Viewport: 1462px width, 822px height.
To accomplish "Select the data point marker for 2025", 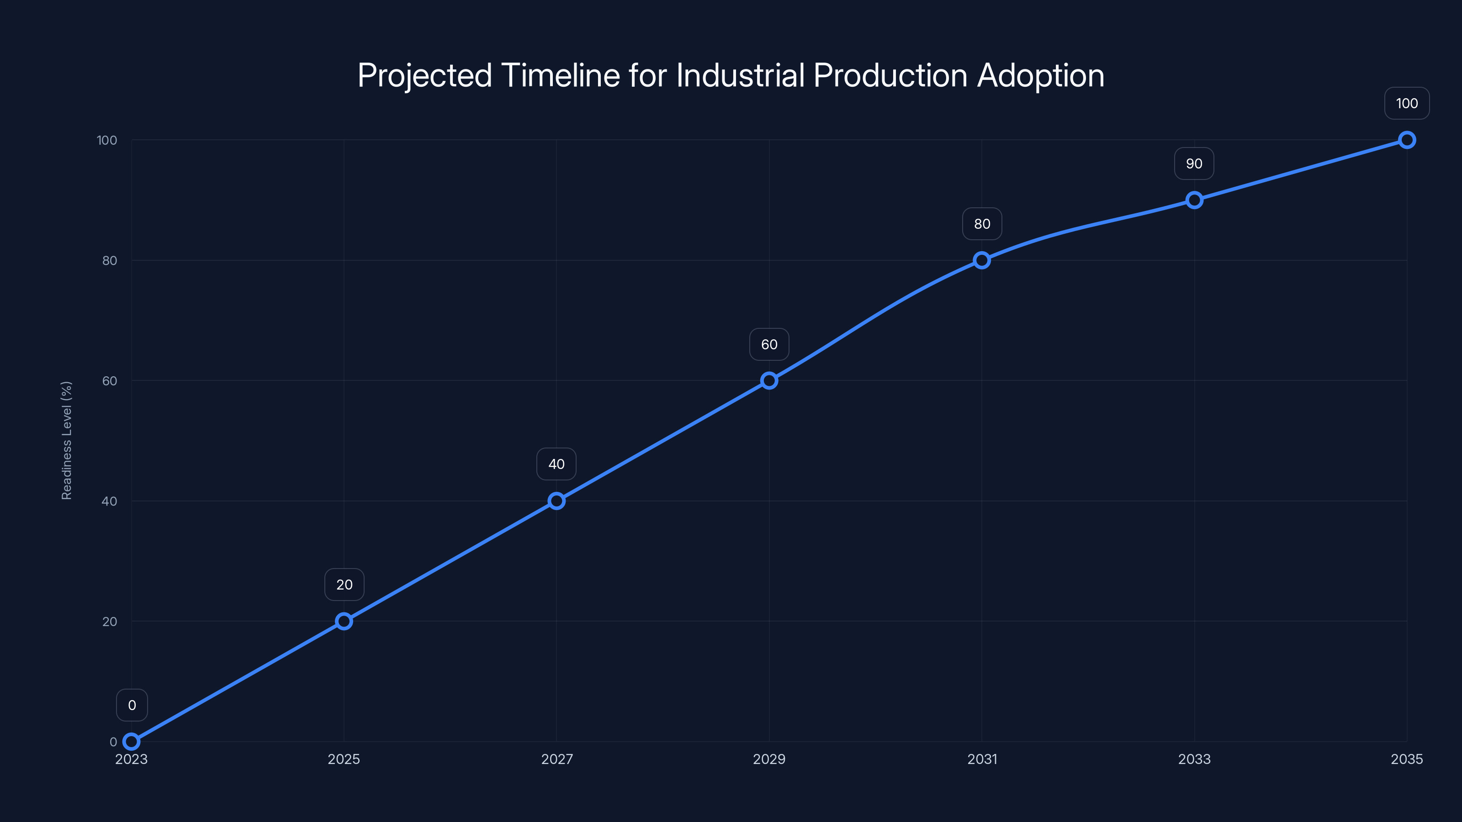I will click(x=344, y=621).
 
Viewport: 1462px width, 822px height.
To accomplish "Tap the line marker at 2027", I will click(x=556, y=501).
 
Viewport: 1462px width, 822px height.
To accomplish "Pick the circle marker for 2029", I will click(x=769, y=381).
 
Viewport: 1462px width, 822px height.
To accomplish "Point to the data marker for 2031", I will click(x=982, y=260).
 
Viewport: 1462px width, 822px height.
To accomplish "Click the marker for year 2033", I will click(x=1194, y=200).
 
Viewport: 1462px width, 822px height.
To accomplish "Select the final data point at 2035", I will click(x=1406, y=140).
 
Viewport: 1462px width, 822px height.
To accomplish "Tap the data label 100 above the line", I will click(x=1406, y=103).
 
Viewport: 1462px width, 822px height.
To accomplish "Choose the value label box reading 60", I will click(x=769, y=344).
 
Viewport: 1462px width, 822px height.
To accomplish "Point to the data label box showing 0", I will click(x=132, y=705).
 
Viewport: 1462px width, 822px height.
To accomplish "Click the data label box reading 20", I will click(x=344, y=585).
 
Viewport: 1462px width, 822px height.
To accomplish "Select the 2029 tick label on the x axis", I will click(x=769, y=759).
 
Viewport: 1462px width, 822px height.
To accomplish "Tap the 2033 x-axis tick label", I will click(x=1194, y=759).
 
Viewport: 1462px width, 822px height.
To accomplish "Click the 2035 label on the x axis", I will click(x=1406, y=759).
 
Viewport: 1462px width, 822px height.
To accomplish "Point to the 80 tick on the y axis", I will click(x=110, y=260).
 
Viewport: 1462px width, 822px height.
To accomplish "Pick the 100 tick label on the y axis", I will click(x=107, y=140).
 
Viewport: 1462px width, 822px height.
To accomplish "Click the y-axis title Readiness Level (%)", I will click(x=66, y=440).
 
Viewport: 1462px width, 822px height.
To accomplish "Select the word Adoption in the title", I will click(x=1040, y=75).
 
